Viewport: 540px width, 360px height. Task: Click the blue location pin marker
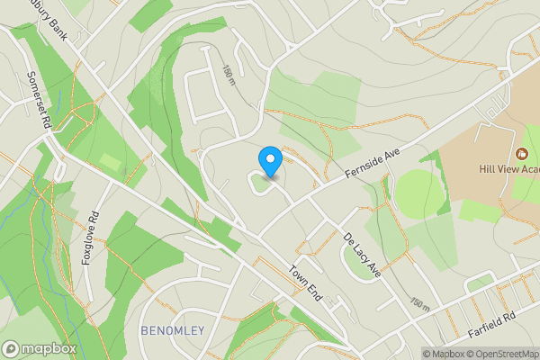[x=270, y=161]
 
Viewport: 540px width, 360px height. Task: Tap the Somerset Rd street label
[x=39, y=98]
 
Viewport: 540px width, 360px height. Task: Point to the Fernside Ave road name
[x=372, y=161]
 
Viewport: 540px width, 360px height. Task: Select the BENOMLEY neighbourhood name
[x=172, y=331]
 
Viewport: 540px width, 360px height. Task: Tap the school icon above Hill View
[x=521, y=152]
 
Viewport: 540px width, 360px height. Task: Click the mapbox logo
[x=39, y=348]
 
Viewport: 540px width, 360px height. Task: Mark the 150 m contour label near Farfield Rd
[x=418, y=303]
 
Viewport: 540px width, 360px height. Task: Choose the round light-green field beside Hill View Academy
[x=419, y=192]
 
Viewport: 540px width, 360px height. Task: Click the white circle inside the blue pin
[x=270, y=158]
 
